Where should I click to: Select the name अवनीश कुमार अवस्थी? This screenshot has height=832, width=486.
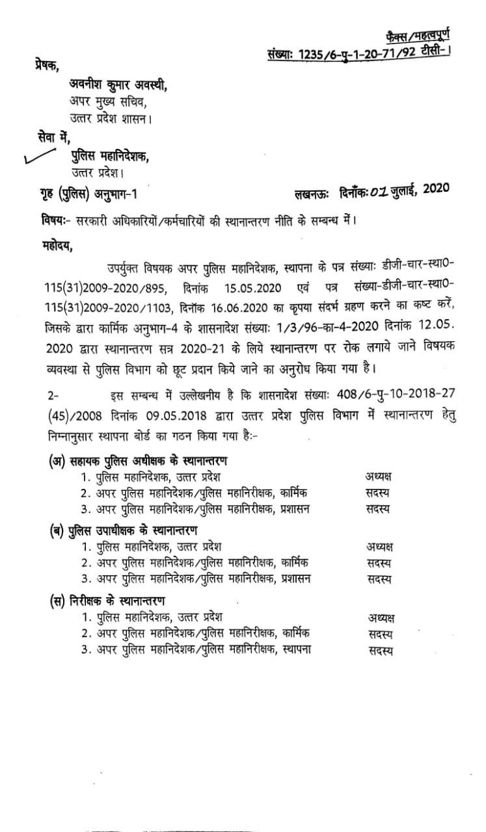117,85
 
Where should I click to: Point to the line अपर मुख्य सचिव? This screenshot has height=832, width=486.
104,101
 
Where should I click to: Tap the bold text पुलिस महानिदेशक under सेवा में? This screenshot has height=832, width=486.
109,155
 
